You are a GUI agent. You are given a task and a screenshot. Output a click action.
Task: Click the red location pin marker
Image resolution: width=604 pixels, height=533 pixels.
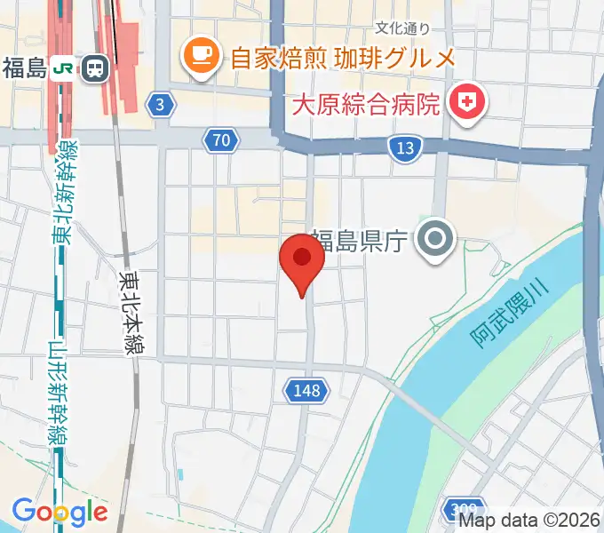point(302,260)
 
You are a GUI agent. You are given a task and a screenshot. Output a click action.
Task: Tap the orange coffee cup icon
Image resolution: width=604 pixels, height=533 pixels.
point(202,58)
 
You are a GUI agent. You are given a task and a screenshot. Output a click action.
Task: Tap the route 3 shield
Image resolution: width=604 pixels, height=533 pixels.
point(160,105)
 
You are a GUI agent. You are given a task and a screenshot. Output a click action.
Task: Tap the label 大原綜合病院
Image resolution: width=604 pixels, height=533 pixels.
point(367,105)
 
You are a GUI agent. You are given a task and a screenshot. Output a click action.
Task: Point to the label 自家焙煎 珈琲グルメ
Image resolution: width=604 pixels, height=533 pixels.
point(342,59)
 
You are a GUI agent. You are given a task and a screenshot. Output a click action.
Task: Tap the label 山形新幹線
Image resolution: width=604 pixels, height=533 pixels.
point(60,394)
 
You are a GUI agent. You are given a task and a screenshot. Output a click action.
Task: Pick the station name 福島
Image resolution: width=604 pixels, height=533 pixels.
point(24,68)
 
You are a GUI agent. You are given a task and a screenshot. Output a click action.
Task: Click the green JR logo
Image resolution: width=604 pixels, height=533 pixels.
point(62,68)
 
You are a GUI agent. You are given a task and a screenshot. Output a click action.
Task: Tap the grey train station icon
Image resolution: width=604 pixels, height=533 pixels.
point(93,68)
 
